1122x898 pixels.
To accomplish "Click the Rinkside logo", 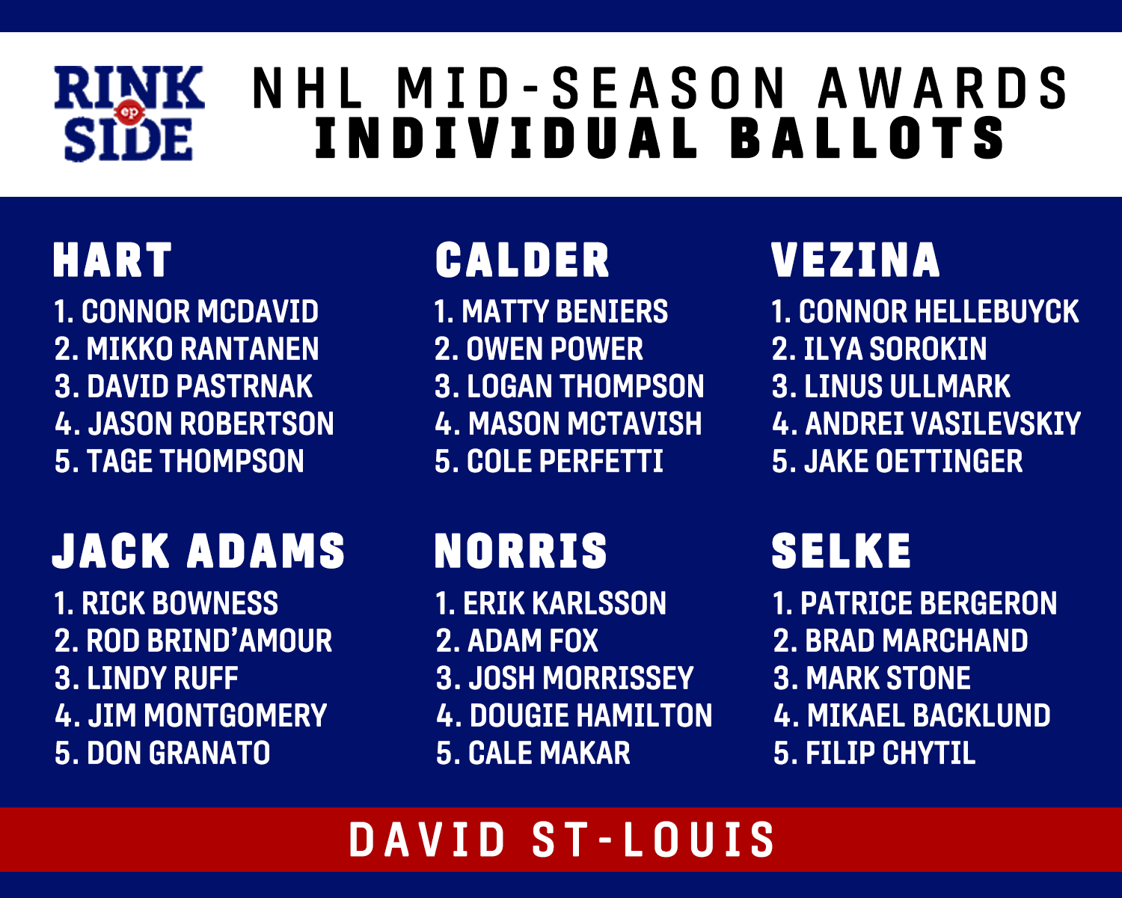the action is [x=129, y=113].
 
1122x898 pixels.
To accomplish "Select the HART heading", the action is [x=112, y=260].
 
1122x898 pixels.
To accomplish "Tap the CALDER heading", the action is [x=522, y=260].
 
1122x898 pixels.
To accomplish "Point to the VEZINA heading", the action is [x=855, y=260].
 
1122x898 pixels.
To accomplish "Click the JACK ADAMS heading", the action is [x=199, y=551].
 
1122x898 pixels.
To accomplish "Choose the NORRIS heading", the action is [x=521, y=551].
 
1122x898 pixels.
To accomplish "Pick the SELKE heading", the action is [x=841, y=551].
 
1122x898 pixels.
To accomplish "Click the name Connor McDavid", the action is [x=200, y=311].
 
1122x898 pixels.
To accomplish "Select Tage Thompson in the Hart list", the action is [x=195, y=461].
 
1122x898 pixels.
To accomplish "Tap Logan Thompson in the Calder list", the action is [x=585, y=387].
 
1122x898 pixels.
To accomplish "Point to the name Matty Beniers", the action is [x=565, y=311].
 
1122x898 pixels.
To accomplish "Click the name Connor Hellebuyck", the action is [x=939, y=311].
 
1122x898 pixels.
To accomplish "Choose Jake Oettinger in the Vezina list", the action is [x=913, y=461].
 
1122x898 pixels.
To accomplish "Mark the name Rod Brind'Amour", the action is [x=209, y=641].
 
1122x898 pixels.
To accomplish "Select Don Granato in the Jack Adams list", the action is [x=178, y=753].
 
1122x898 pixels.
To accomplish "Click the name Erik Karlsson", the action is [x=565, y=603].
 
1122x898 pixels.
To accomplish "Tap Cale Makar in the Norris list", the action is [x=549, y=753].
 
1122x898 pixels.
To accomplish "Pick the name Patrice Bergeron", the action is [x=928, y=603].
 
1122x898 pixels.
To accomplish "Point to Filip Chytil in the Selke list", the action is [x=891, y=753].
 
